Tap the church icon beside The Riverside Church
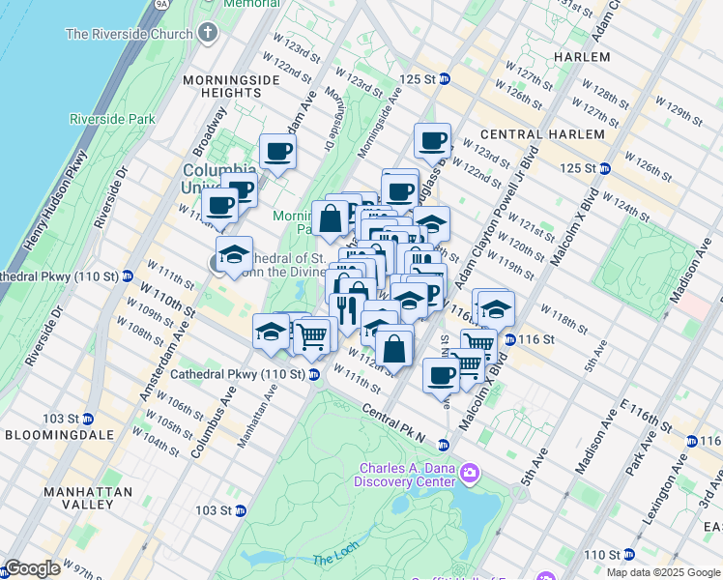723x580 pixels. [205, 35]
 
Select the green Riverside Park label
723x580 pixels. [112, 119]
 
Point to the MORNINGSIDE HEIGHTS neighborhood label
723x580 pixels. [219, 81]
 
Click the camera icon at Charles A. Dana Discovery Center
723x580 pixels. [470, 474]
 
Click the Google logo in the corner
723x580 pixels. [32, 568]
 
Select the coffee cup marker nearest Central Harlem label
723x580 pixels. [433, 140]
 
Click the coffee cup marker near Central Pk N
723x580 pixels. [441, 375]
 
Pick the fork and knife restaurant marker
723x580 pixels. [345, 310]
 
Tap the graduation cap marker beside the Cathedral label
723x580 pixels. [234, 255]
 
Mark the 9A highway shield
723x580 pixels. [160, 4]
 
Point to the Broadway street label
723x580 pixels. [210, 130]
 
